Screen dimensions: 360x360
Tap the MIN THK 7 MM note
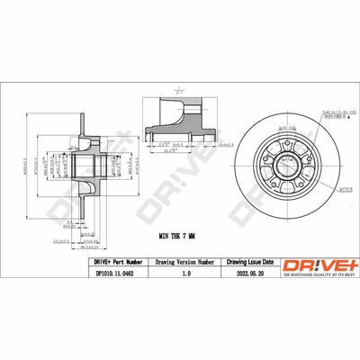pos(178,210)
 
